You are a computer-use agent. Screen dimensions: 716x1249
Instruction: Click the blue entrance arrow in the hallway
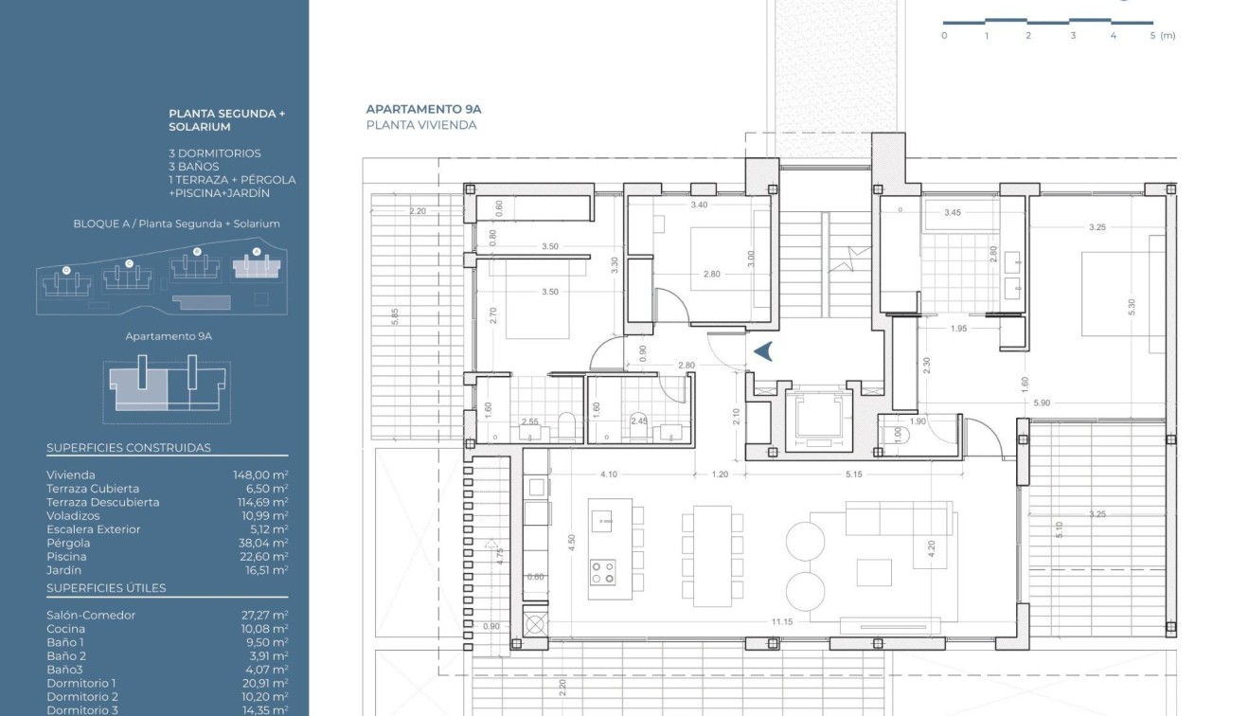click(763, 351)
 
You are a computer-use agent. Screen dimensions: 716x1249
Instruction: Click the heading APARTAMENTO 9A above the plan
click(423, 110)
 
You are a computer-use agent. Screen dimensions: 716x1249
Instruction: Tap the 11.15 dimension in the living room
click(781, 622)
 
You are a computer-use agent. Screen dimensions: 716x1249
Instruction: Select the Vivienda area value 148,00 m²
click(260, 475)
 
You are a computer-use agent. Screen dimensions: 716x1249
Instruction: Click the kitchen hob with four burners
click(602, 572)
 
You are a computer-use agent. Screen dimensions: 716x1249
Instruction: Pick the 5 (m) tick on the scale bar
click(1162, 36)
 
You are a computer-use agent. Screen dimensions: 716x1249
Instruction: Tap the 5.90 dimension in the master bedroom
click(1042, 403)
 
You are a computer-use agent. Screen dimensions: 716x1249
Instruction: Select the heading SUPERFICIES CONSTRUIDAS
click(129, 448)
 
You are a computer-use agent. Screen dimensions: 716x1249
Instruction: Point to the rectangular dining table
click(712, 556)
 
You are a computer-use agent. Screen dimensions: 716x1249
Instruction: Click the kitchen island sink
click(602, 519)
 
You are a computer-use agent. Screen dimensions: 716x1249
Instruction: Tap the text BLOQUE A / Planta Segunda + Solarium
click(176, 224)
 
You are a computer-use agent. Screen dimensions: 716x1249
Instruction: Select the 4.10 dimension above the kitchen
click(608, 474)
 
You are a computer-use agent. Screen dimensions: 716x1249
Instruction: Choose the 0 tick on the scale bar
click(944, 36)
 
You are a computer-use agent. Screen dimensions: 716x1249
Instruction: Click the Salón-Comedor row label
click(91, 616)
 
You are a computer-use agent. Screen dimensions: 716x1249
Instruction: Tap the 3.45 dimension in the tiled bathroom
click(952, 213)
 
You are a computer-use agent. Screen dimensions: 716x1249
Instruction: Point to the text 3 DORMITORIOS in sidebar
click(215, 153)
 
